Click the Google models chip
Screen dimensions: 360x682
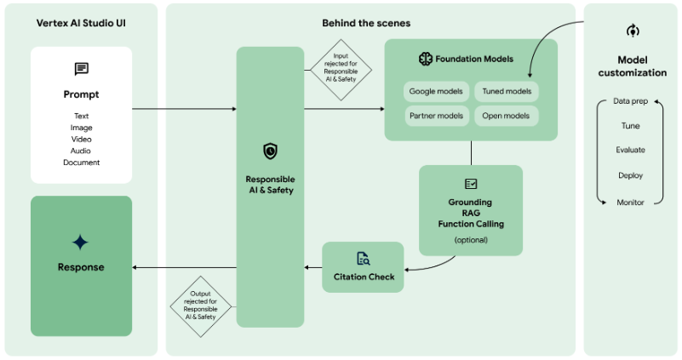pyautogui.click(x=437, y=91)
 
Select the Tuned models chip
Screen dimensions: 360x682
pyautogui.click(x=506, y=91)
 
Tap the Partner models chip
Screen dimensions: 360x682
pyautogui.click(x=437, y=116)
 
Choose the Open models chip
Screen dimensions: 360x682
pyautogui.click(x=506, y=116)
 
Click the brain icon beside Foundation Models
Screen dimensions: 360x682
pyautogui.click(x=426, y=59)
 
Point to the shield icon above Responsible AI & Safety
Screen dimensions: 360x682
pyautogui.click(x=270, y=151)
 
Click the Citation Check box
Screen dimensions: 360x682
pyautogui.click(x=363, y=267)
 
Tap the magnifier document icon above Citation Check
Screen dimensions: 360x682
pyautogui.click(x=363, y=258)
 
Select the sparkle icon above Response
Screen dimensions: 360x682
pyautogui.click(x=81, y=243)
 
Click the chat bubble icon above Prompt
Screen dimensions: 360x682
pyautogui.click(x=81, y=69)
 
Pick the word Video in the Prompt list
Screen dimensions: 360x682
pyautogui.click(x=81, y=139)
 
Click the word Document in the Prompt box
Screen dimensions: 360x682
pyautogui.click(x=81, y=163)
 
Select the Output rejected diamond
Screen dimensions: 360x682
pyautogui.click(x=200, y=304)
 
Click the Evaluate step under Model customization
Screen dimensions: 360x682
pyautogui.click(x=630, y=151)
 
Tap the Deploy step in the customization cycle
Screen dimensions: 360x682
pyautogui.click(x=630, y=175)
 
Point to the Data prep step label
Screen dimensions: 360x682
pyautogui.click(x=630, y=101)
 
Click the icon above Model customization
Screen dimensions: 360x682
pyautogui.click(x=632, y=31)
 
